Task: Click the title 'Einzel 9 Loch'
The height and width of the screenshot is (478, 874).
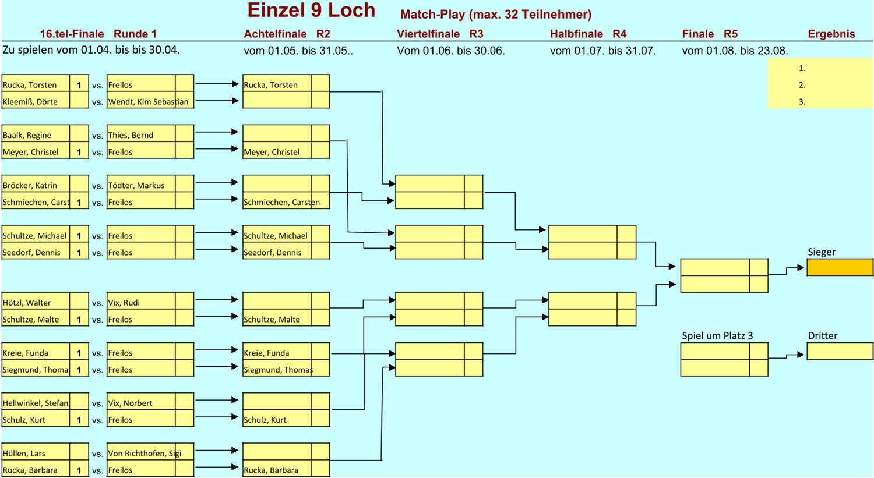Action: click(311, 10)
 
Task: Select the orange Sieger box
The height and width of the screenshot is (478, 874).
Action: click(840, 267)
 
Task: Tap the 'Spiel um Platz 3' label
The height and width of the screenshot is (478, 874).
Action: click(717, 335)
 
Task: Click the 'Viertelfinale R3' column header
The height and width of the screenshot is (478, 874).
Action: click(440, 34)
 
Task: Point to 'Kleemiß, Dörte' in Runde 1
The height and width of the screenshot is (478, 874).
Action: click(30, 101)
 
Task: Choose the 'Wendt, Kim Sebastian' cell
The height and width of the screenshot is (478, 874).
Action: click(148, 101)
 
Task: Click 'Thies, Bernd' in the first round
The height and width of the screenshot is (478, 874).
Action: click(131, 135)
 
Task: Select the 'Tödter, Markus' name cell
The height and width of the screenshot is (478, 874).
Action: click(136, 185)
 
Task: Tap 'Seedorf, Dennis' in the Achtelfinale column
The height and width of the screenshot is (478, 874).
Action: click(273, 252)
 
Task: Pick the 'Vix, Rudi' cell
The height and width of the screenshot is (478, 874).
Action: click(124, 303)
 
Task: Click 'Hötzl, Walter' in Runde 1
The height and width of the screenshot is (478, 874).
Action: click(27, 303)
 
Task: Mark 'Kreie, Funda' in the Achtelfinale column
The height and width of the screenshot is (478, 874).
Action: click(266, 353)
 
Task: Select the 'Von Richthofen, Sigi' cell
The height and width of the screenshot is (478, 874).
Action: click(145, 453)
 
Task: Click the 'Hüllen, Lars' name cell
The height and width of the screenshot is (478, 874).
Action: click(24, 453)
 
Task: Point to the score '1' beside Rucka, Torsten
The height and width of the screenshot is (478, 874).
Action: click(79, 85)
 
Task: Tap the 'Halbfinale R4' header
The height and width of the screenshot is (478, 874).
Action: click(588, 34)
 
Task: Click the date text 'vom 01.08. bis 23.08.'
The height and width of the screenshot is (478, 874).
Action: click(735, 51)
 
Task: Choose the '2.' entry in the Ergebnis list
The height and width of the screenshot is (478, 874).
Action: click(802, 85)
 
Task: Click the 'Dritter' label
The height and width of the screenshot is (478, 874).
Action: click(822, 335)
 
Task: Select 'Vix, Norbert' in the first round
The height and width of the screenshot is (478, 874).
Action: click(130, 403)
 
